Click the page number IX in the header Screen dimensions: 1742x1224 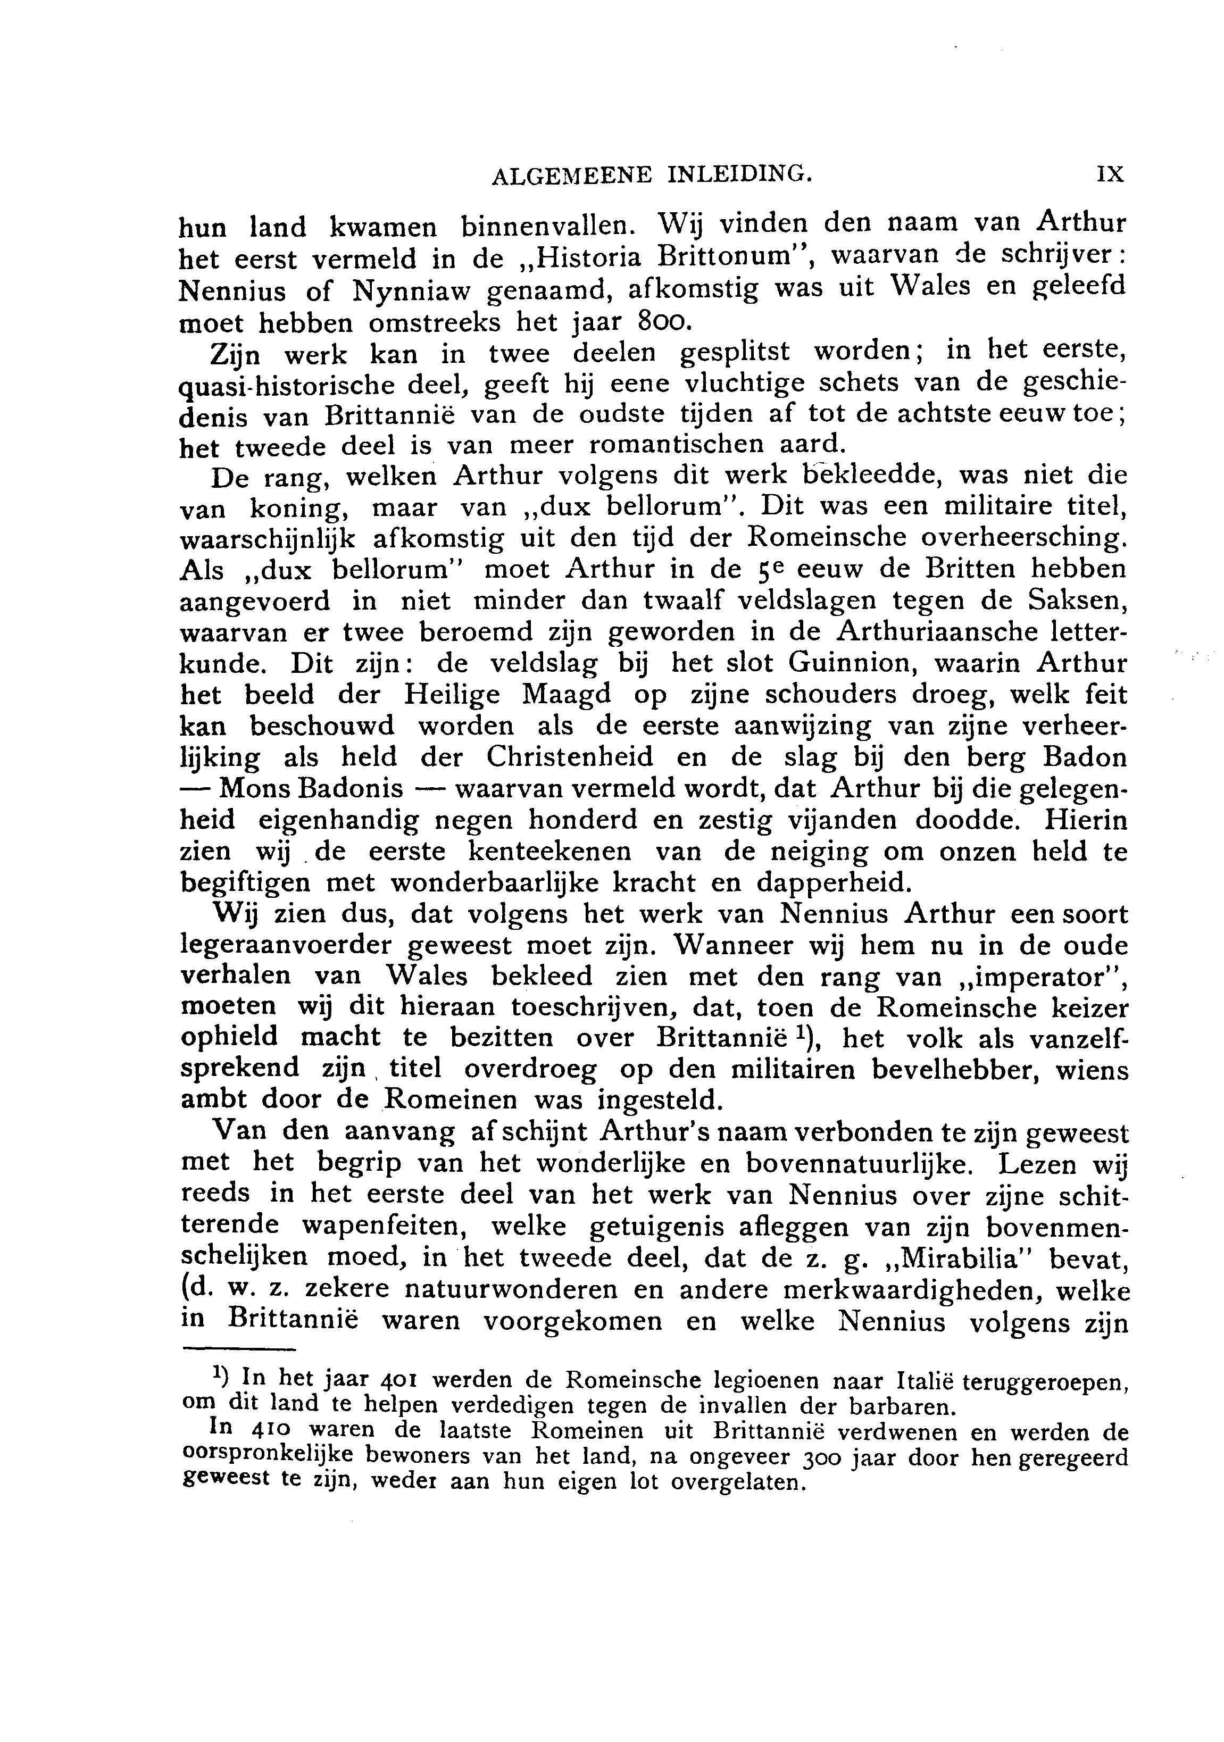pos(1110,174)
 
